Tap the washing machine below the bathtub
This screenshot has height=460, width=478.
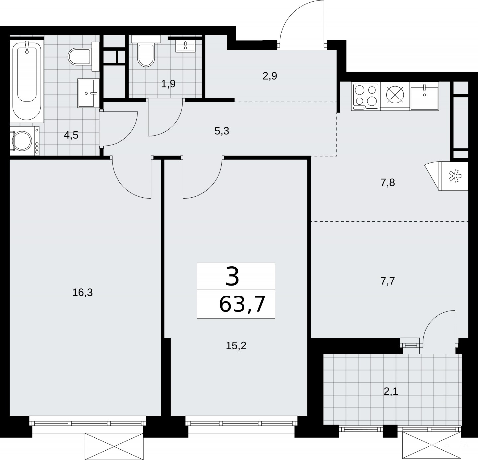[24, 141]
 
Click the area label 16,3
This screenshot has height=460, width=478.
[82, 292]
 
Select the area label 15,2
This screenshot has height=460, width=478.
[236, 345]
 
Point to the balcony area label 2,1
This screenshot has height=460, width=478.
[391, 392]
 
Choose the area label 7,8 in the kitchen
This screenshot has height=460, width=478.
[388, 183]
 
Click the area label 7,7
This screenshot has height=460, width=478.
[388, 281]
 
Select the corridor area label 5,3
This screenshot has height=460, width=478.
[222, 131]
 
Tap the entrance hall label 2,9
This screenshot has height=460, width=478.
[270, 76]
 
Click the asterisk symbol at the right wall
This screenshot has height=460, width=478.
[455, 176]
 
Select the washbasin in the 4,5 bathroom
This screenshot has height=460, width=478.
[89, 93]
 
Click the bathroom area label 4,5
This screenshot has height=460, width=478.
[71, 135]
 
